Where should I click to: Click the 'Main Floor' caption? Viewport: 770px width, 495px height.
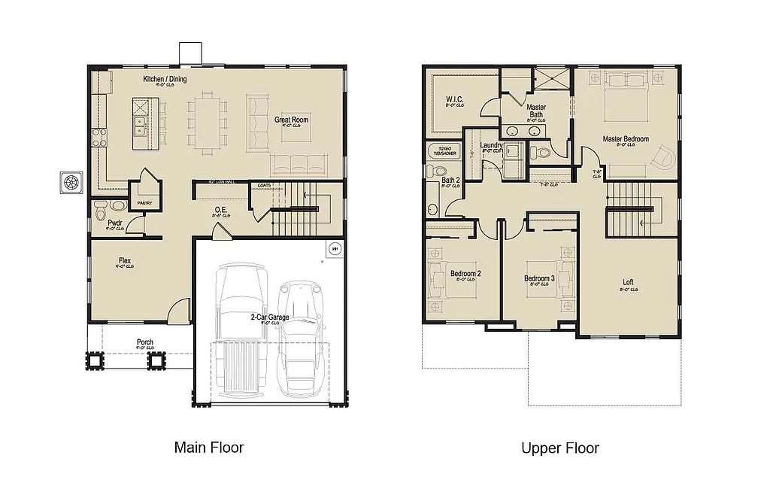point(209,448)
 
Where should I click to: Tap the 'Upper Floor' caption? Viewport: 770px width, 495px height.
point(560,448)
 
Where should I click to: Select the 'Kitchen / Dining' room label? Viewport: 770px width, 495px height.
point(165,79)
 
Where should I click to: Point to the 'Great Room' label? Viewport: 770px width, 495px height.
point(291,120)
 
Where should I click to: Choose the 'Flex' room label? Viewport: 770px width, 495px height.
point(125,261)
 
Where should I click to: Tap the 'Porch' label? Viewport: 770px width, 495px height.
point(145,342)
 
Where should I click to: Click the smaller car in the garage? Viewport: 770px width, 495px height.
point(301,339)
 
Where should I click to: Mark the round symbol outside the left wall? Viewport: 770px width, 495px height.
point(72,182)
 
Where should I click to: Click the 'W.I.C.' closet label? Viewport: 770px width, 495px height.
point(454,99)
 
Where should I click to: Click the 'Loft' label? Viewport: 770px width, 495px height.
point(628,283)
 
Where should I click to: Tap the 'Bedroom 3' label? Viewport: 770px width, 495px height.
point(539,278)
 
